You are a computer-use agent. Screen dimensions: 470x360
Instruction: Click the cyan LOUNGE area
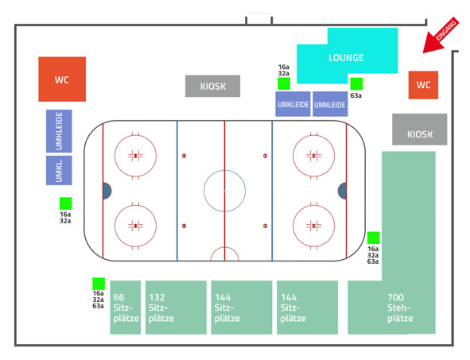[347, 57]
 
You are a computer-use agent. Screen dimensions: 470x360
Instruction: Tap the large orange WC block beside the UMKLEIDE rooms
[62, 79]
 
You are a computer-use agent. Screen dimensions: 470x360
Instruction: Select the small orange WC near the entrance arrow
[423, 85]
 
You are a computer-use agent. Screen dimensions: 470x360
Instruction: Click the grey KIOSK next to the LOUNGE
[212, 86]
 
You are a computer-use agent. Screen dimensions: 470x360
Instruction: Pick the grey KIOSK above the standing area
[420, 130]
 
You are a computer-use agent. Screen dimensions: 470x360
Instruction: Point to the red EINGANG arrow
[441, 35]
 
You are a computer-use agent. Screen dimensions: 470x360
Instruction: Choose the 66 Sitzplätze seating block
[126, 308]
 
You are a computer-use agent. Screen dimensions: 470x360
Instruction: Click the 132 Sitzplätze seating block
[176, 308]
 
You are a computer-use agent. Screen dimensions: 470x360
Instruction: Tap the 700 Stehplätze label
[400, 308]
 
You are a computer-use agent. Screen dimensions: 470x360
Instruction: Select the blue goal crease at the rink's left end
[107, 191]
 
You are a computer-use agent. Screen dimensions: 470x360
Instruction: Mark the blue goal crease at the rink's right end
[342, 191]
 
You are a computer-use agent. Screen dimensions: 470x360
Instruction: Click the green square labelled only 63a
[356, 84]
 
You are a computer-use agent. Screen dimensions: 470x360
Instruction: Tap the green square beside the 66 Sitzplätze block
[99, 284]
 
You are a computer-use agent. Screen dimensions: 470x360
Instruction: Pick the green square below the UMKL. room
[66, 203]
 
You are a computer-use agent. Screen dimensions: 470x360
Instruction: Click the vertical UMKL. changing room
[59, 170]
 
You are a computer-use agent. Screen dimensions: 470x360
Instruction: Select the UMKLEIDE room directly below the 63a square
[330, 104]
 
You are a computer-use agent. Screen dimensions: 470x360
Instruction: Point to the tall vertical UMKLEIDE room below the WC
[59, 131]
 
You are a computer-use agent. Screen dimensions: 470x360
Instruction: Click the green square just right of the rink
[374, 238]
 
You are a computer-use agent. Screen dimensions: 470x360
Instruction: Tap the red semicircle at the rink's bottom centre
[225, 247]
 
